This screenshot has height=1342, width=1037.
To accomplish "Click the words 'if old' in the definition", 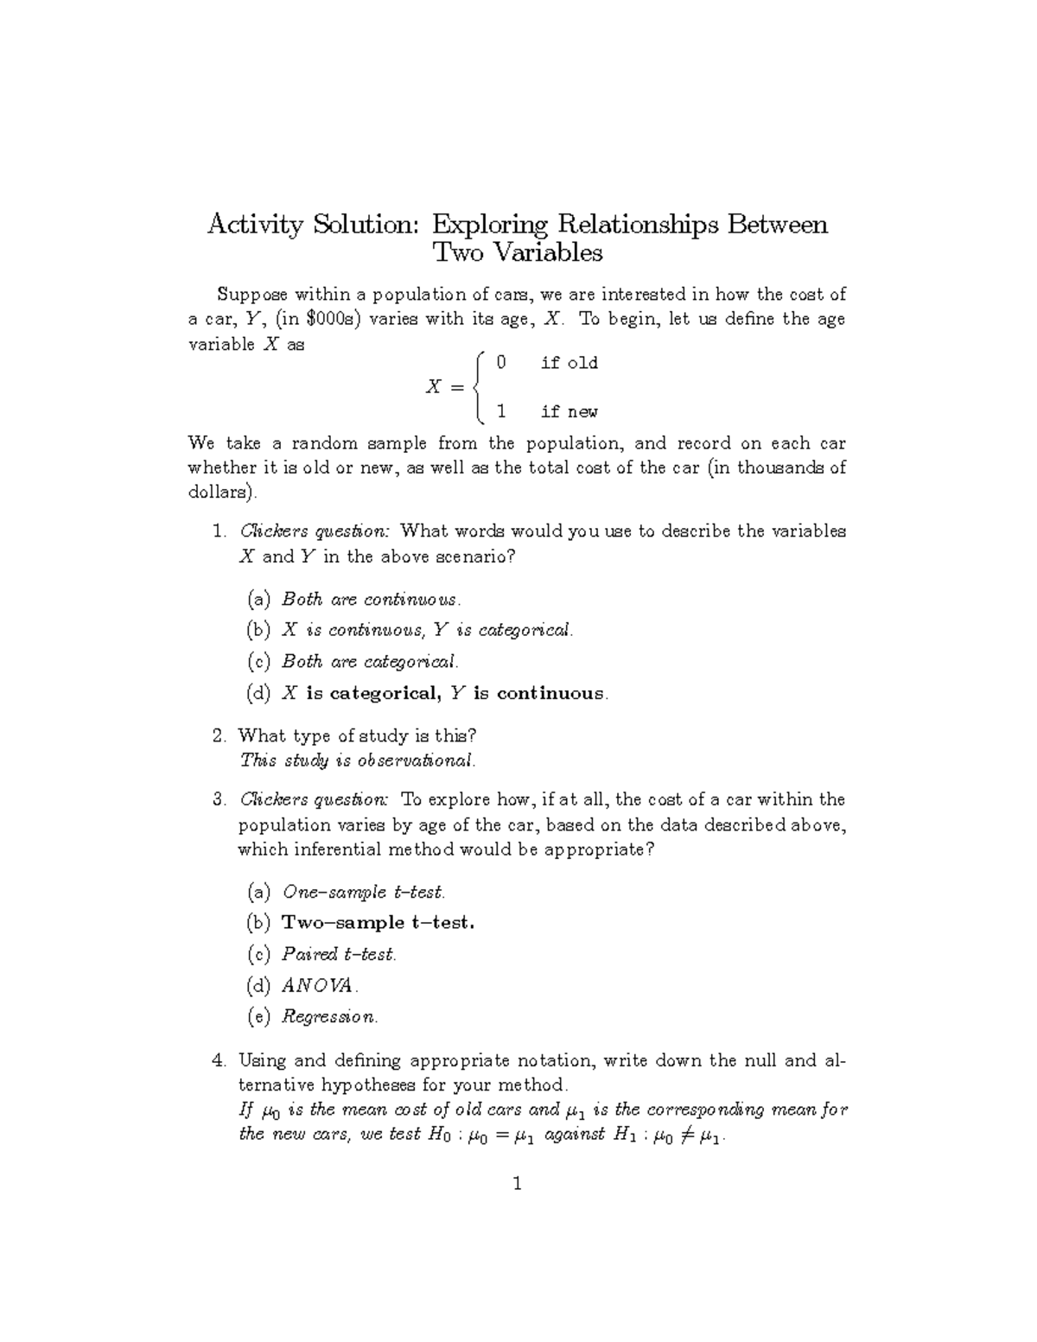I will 569,363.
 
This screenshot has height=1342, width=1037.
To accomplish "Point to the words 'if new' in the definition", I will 569,412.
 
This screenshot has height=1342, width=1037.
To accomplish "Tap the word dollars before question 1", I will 220,493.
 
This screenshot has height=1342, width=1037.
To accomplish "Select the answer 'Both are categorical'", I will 370,662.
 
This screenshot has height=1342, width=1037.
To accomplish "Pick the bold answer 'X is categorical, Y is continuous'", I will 444,694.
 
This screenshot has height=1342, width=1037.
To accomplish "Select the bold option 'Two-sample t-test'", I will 378,923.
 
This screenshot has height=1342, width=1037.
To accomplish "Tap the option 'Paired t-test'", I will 339,955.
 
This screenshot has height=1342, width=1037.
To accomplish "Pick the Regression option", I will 329,1017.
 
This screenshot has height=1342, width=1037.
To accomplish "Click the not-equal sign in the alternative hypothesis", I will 686,1135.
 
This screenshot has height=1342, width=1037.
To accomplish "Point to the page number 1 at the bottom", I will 518,1185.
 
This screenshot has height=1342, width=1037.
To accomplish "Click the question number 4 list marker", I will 219,1060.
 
